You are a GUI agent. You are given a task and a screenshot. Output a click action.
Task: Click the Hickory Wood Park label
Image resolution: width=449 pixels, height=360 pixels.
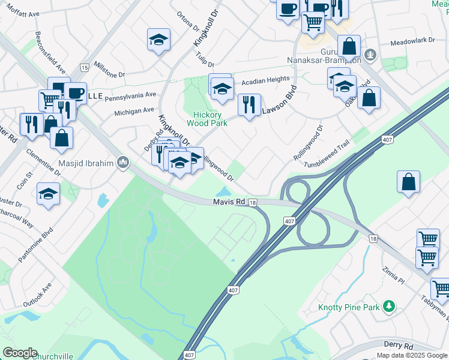click(208, 119)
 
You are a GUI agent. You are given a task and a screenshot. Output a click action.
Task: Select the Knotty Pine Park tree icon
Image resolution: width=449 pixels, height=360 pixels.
click(389, 307)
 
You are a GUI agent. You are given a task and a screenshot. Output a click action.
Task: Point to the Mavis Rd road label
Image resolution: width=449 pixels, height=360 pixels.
click(229, 203)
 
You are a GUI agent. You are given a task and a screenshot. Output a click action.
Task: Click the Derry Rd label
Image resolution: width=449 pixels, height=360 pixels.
click(400, 346)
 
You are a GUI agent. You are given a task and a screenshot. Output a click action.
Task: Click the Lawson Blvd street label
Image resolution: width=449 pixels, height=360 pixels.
click(279, 100)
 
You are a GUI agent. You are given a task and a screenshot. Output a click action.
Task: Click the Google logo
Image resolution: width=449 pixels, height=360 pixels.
click(20, 353)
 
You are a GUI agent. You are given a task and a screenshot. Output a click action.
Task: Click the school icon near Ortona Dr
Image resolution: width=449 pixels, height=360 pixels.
click(158, 40)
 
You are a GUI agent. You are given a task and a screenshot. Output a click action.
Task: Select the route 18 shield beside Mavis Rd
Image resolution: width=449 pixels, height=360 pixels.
click(253, 203)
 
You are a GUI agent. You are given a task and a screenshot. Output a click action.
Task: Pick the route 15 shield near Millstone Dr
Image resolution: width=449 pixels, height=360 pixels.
click(84, 68)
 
